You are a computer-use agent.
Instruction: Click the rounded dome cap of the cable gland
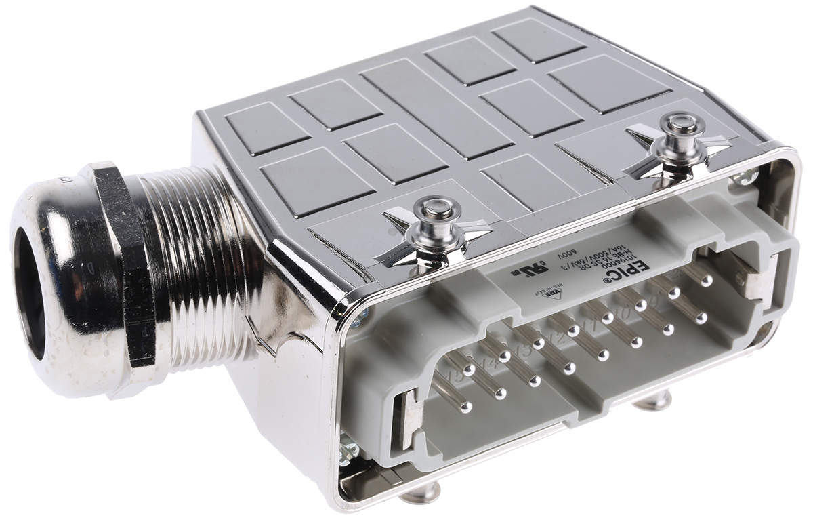[x=61, y=285]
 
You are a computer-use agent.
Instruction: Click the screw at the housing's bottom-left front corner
[x=350, y=448]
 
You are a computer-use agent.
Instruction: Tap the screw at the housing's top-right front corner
[x=747, y=178]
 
